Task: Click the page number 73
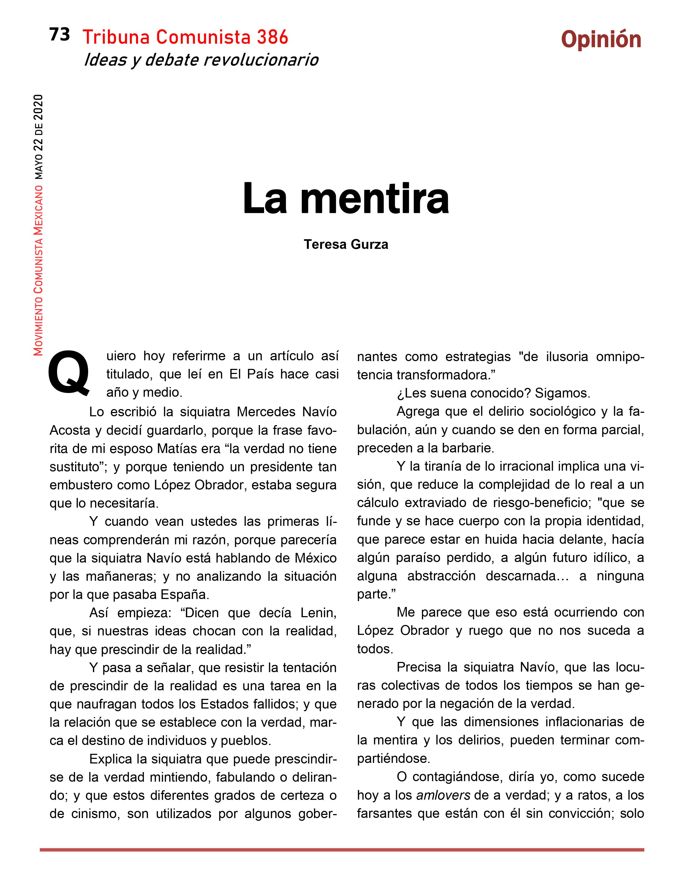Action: click(59, 35)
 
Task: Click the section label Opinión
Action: click(601, 40)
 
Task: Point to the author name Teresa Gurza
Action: click(346, 245)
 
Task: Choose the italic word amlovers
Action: click(443, 795)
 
